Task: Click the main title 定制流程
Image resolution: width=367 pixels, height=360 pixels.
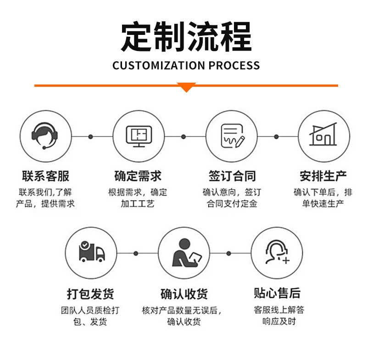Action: pyautogui.click(x=186, y=36)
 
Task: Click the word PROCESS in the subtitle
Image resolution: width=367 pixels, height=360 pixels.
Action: pyautogui.click(x=234, y=66)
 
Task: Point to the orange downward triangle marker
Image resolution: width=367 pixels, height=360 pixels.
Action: pyautogui.click(x=186, y=87)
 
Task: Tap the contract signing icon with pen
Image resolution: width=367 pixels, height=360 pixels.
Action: pyautogui.click(x=232, y=136)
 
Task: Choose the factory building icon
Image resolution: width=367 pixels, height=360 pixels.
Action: pyautogui.click(x=323, y=136)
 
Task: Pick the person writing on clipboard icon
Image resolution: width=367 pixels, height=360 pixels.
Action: pyautogui.click(x=184, y=253)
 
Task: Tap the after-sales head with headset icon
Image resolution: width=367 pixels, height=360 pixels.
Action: pyautogui.click(x=277, y=253)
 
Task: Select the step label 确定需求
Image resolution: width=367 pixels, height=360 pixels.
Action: pyautogui.click(x=138, y=176)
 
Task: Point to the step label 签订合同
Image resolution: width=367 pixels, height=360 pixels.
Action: pyautogui.click(x=232, y=176)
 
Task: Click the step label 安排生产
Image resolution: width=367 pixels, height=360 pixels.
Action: pyautogui.click(x=323, y=176)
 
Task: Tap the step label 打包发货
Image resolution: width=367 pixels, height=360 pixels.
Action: pyautogui.click(x=90, y=293)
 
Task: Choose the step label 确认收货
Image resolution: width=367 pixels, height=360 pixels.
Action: pyautogui.click(x=184, y=293)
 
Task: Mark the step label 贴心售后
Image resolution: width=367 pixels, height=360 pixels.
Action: pyautogui.click(x=277, y=292)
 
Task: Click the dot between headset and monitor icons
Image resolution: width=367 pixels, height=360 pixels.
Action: pyautogui.click(x=91, y=136)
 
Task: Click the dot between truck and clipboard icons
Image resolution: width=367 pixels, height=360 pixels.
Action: pyautogui.click(x=136, y=253)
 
